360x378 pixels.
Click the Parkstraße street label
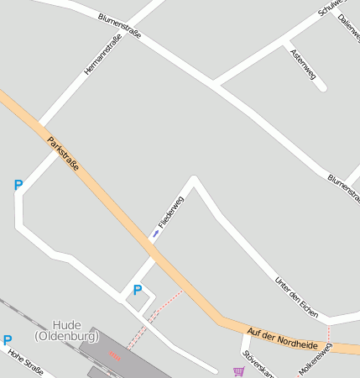coord(64,155)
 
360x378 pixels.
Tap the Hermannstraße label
coord(97,53)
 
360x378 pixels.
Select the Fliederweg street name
coord(171,213)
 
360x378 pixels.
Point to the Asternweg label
coord(301,65)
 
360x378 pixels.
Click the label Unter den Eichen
coord(297,296)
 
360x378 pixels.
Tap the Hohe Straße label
coord(25,362)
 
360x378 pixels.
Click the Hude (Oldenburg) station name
coord(66,330)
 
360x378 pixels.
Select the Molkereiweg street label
coord(316,360)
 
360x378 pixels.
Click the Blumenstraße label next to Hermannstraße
coord(119,26)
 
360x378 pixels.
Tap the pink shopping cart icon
coord(239,370)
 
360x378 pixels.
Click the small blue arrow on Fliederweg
coord(155,233)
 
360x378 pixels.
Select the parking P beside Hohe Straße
coord(8,340)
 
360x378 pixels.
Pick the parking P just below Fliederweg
coord(138,290)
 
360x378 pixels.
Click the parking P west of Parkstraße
coord(18,185)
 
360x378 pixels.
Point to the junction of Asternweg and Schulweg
coord(285,41)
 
